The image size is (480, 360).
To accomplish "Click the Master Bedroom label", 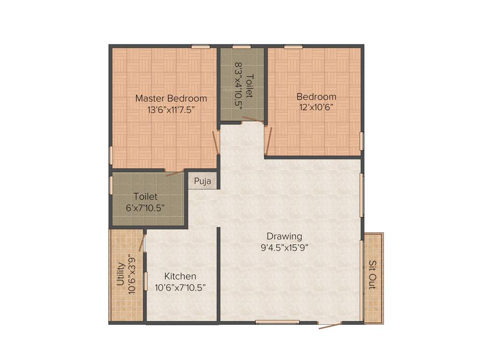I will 171,98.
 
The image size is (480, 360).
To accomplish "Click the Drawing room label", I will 284,236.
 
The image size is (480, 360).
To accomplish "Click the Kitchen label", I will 180,276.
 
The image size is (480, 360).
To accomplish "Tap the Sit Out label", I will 372,274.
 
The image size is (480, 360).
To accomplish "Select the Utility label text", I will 120,274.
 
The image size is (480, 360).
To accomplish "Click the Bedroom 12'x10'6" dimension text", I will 316,107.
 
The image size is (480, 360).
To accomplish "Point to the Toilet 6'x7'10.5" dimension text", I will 145,208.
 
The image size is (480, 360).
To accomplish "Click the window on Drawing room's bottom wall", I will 277,322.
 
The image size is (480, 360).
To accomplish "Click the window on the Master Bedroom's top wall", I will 201,46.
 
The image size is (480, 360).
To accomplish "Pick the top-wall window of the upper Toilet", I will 241,46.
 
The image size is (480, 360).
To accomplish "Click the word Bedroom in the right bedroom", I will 316,97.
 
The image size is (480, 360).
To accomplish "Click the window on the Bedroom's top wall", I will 292,46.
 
